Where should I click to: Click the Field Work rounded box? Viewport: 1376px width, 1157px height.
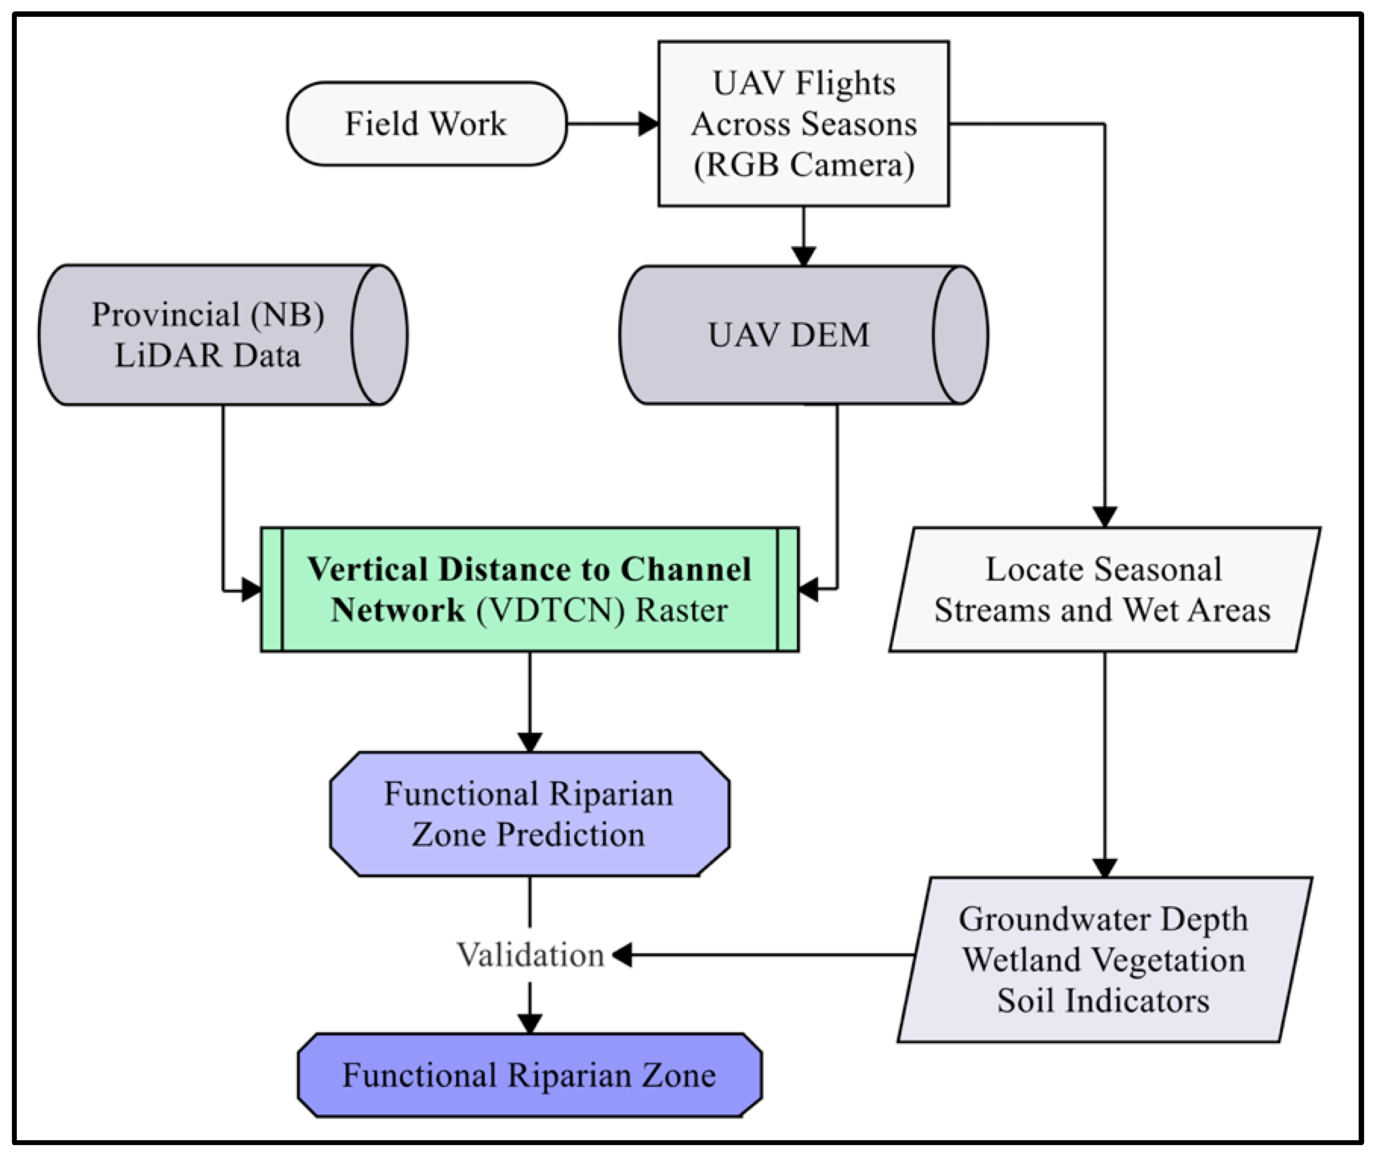426,124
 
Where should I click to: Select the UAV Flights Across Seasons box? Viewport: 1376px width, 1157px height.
804,123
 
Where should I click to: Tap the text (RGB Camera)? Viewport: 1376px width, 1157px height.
804,164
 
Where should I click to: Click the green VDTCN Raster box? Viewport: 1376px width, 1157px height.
530,589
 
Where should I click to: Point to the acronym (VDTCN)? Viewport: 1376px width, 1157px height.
551,610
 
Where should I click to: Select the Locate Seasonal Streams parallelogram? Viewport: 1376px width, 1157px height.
1104,589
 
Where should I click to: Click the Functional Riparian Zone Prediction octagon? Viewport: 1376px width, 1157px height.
530,814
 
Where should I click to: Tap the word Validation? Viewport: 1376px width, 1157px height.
530,955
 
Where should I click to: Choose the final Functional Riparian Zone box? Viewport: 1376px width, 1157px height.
530,1076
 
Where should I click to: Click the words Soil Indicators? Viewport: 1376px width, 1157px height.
1104,1001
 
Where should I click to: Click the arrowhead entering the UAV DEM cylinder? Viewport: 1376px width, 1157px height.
804,257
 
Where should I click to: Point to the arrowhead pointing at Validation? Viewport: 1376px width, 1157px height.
623,955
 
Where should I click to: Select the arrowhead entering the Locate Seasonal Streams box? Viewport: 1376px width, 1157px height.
1105,517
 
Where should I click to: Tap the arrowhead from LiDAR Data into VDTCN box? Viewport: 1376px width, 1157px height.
252,589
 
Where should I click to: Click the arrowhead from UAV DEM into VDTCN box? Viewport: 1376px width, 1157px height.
809,589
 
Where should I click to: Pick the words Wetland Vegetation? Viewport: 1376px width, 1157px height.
1104,960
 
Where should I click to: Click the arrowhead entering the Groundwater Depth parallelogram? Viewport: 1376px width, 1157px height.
1105,867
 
